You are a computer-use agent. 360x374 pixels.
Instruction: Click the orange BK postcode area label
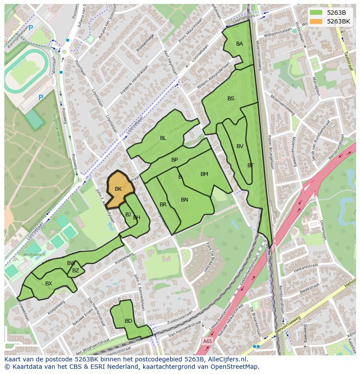pyautogui.click(x=118, y=189)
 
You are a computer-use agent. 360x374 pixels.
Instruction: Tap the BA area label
pyautogui.click(x=240, y=44)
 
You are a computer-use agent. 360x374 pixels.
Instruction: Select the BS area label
pyautogui.click(x=231, y=99)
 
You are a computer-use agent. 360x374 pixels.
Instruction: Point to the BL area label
pyautogui.click(x=163, y=138)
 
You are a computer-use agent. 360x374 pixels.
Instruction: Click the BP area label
pyautogui.click(x=174, y=160)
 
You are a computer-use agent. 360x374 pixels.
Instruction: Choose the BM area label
pyautogui.click(x=204, y=174)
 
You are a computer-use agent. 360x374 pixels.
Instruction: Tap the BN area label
pyautogui.click(x=184, y=200)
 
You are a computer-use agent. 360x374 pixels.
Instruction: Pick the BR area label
pyautogui.click(x=163, y=205)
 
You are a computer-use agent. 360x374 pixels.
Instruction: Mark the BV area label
pyautogui.click(x=240, y=146)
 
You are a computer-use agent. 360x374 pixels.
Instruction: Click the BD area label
pyautogui.click(x=128, y=321)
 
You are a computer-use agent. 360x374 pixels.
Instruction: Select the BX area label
pyautogui.click(x=49, y=284)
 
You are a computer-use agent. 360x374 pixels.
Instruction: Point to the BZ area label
pyautogui.click(x=76, y=271)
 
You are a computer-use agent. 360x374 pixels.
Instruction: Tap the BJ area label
pyautogui.click(x=128, y=215)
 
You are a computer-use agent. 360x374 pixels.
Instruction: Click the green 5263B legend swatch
pyautogui.click(x=317, y=13)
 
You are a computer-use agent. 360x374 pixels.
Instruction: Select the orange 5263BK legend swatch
pyautogui.click(x=317, y=21)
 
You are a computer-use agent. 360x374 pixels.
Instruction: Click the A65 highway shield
pyautogui.click(x=207, y=342)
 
